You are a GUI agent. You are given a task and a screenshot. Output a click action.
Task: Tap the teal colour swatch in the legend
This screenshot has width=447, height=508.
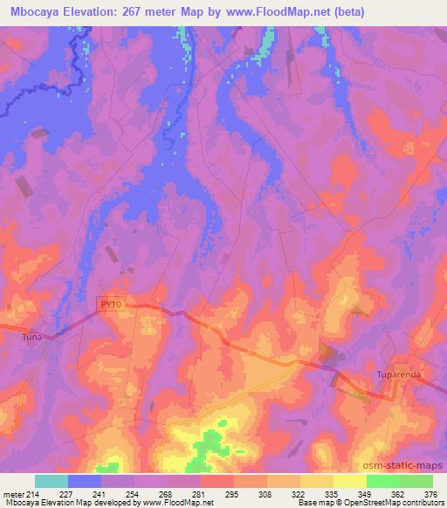52,480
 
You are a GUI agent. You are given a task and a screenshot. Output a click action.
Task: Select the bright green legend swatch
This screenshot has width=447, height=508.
383,480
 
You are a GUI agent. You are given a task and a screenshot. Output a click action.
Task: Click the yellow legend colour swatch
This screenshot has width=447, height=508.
317,480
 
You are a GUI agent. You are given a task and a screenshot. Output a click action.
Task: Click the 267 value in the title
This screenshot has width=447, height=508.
146,12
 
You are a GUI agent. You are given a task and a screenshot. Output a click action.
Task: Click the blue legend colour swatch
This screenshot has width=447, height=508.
85,480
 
